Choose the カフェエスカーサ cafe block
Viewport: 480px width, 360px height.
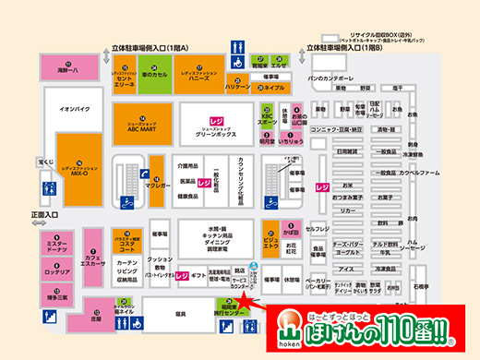tap(91, 258)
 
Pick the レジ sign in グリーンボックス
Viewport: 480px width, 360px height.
tap(218, 121)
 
